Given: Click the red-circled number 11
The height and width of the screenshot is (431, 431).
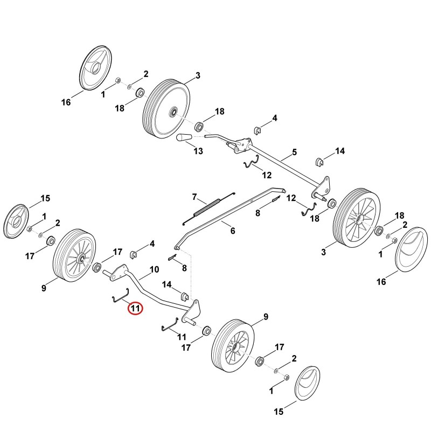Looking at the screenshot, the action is pyautogui.click(x=135, y=308).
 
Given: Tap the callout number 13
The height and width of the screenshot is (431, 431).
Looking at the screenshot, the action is pyautogui.click(x=198, y=151).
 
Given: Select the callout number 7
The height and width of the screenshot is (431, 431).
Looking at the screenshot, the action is pyautogui.click(x=194, y=197).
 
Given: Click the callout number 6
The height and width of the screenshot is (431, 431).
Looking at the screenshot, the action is pyautogui.click(x=233, y=231).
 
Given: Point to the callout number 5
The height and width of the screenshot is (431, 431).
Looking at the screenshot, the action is pyautogui.click(x=294, y=152).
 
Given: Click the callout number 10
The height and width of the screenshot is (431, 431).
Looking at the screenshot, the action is pyautogui.click(x=154, y=269).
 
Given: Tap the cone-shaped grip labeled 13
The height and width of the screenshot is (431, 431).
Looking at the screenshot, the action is pyautogui.click(x=184, y=137).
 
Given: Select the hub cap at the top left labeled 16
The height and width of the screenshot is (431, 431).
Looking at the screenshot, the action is pyautogui.click(x=95, y=68).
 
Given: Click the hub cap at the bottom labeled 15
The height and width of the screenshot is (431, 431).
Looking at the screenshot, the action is pyautogui.click(x=307, y=383).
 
